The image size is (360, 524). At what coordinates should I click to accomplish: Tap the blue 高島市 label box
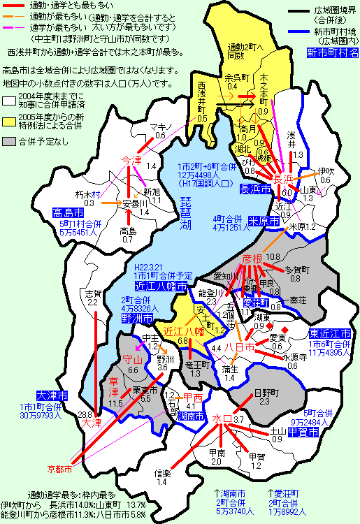[67, 212]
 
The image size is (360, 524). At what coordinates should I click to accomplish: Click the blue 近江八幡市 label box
[161, 286]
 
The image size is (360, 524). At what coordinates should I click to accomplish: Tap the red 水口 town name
[222, 419]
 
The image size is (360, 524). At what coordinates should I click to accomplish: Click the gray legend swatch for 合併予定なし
[9, 140]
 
